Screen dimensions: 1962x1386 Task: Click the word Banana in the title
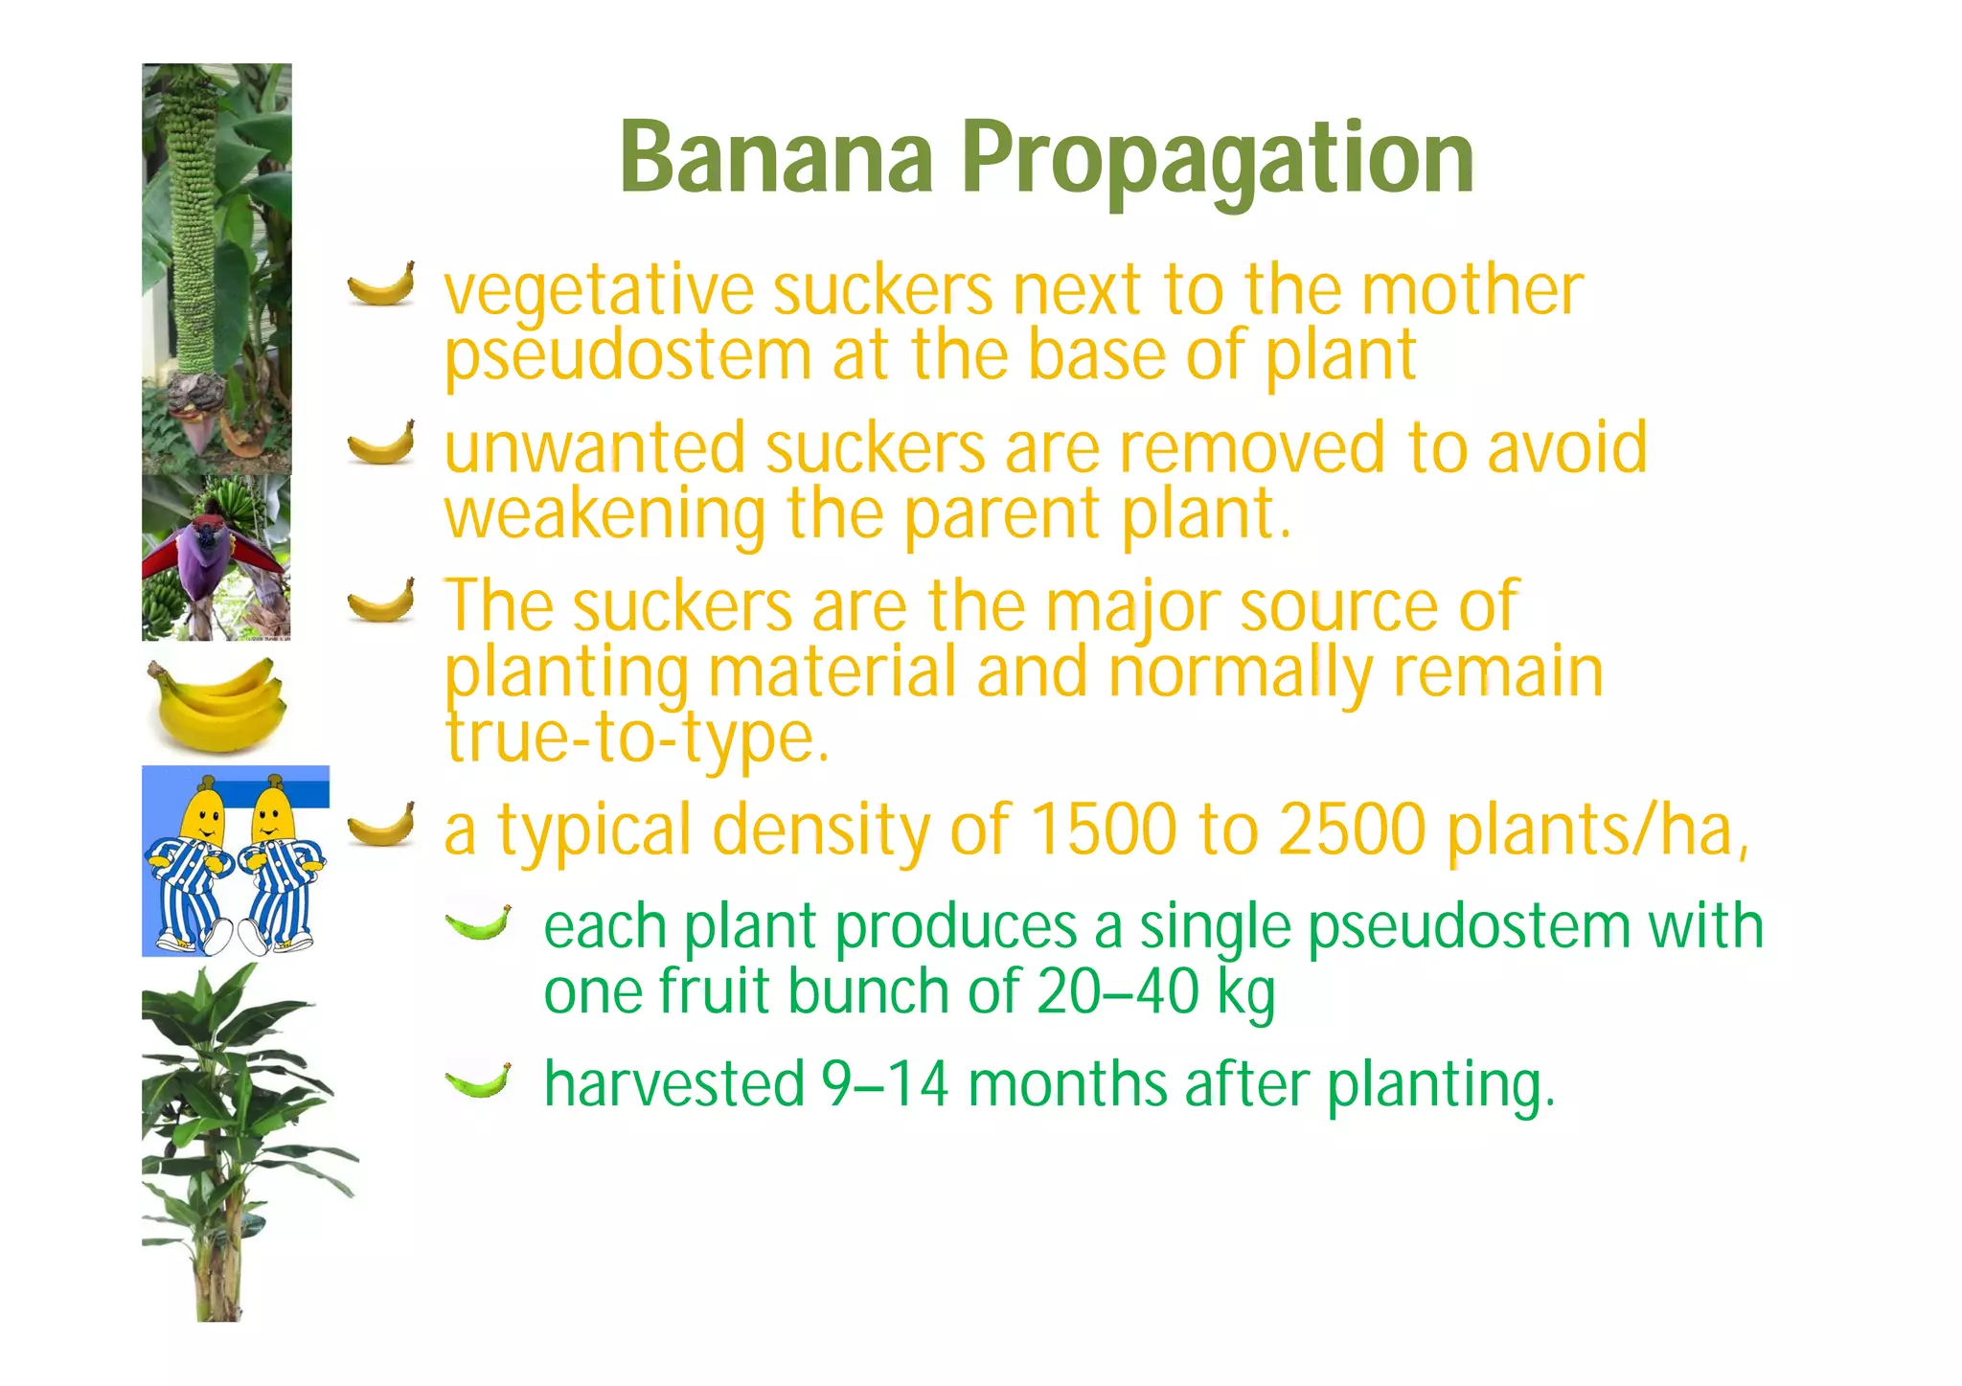(x=777, y=156)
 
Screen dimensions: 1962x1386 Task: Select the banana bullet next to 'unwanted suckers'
(x=381, y=443)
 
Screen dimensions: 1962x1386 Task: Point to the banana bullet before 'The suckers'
(x=381, y=601)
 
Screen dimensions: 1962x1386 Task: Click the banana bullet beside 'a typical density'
(x=381, y=825)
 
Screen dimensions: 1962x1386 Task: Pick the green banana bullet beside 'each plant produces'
(x=478, y=922)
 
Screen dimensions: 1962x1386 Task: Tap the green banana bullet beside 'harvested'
(x=478, y=1080)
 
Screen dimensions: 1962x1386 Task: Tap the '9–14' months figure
(x=885, y=1084)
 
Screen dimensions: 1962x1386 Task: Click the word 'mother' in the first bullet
(x=1472, y=290)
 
